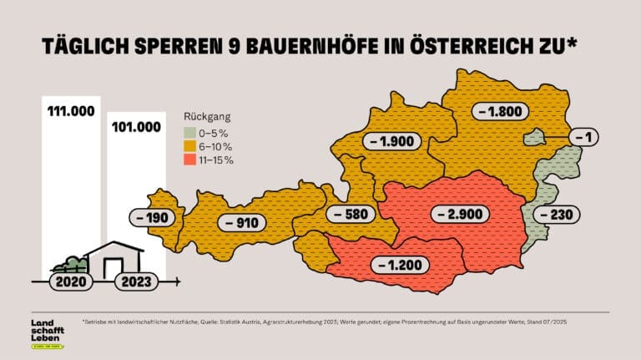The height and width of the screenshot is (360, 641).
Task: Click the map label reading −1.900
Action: (391, 141)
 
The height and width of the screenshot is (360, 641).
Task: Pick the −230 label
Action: (553, 215)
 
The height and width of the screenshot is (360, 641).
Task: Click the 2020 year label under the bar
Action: (68, 281)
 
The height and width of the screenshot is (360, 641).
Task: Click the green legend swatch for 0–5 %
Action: (189, 133)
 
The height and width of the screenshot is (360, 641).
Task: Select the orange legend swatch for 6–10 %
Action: (189, 146)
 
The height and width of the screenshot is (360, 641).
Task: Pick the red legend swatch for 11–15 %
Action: (189, 160)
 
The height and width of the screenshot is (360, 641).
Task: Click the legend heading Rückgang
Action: (208, 117)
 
